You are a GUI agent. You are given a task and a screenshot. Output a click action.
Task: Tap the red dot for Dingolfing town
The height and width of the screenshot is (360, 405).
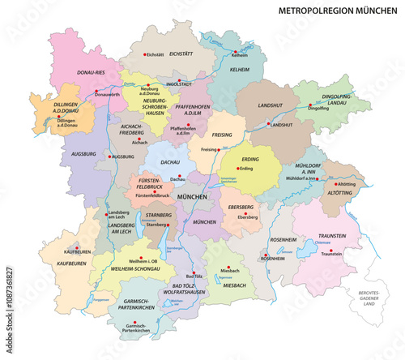tap(324, 105)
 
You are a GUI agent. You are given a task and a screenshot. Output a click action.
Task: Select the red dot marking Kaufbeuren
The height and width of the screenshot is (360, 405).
tap(76, 247)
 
